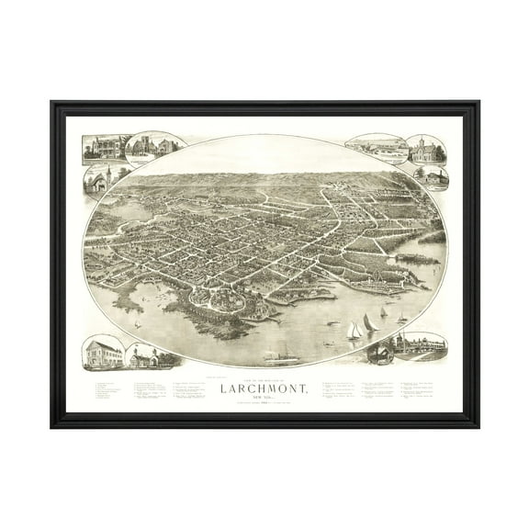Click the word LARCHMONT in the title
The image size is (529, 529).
point(264,386)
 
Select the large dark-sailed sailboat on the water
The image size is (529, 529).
point(369,323)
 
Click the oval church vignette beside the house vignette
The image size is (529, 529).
point(149,148)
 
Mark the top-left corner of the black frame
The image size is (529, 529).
point(52,103)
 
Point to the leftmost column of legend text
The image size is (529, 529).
point(107,391)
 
